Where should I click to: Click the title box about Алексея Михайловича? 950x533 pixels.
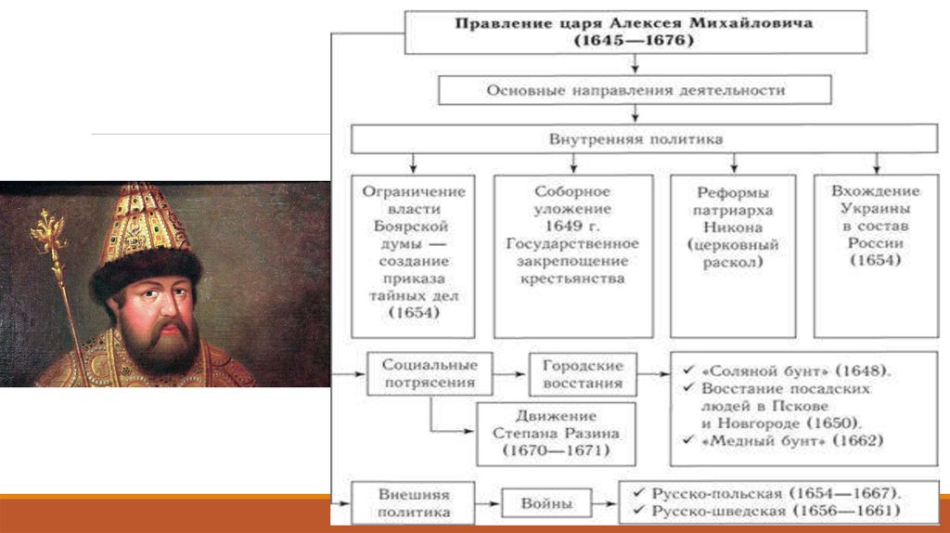635,32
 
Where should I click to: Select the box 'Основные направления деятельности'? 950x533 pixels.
635,90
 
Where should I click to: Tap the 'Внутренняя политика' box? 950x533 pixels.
635,139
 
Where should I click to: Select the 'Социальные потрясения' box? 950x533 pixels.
429,372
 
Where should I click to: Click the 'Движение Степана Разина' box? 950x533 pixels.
557,434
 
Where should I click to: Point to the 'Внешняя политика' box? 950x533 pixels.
414,503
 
